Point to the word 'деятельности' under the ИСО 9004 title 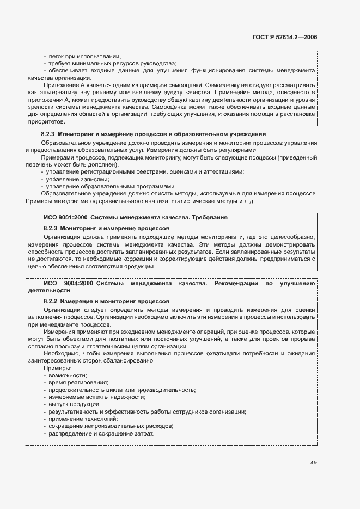pos(46,291)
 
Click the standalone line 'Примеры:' pos(55,368)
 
